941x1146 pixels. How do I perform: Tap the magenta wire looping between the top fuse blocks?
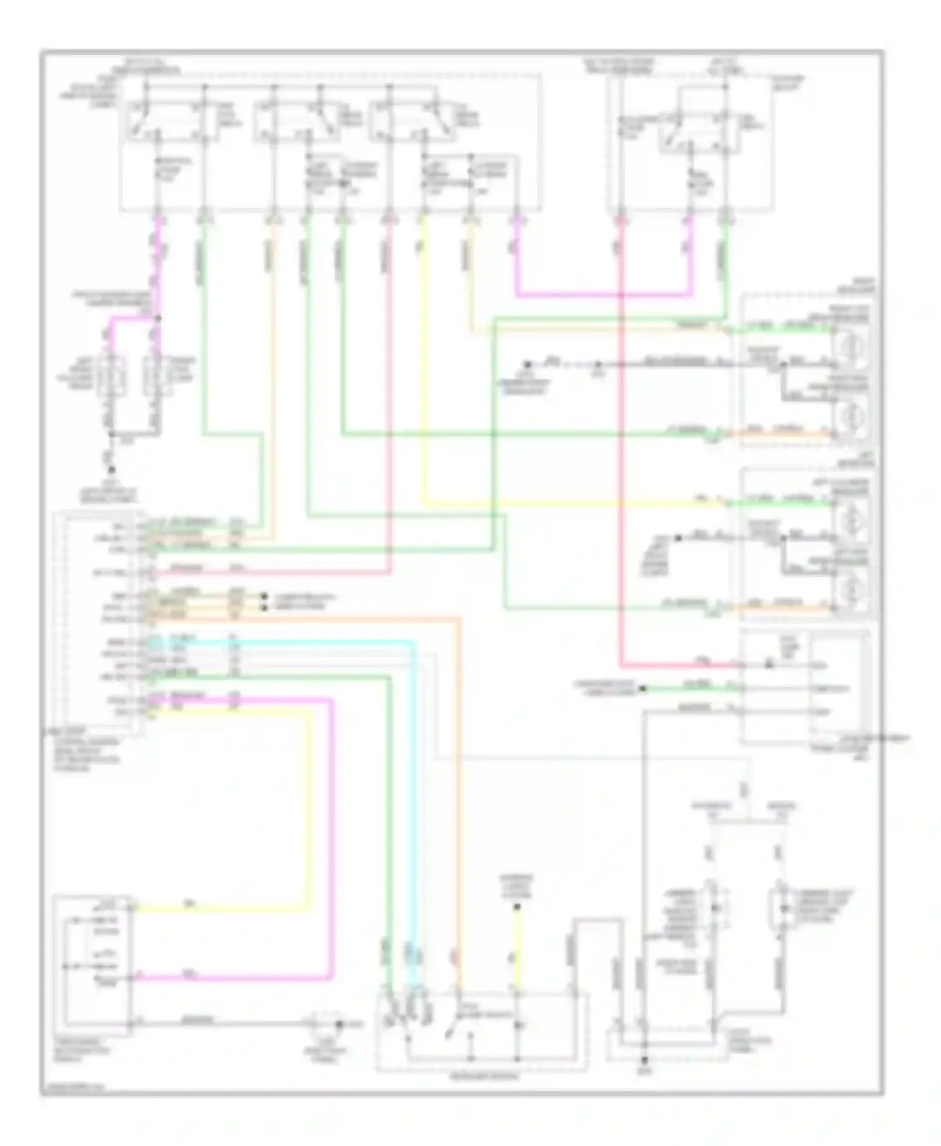tap(602, 293)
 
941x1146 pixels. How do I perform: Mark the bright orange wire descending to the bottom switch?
tap(460, 784)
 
